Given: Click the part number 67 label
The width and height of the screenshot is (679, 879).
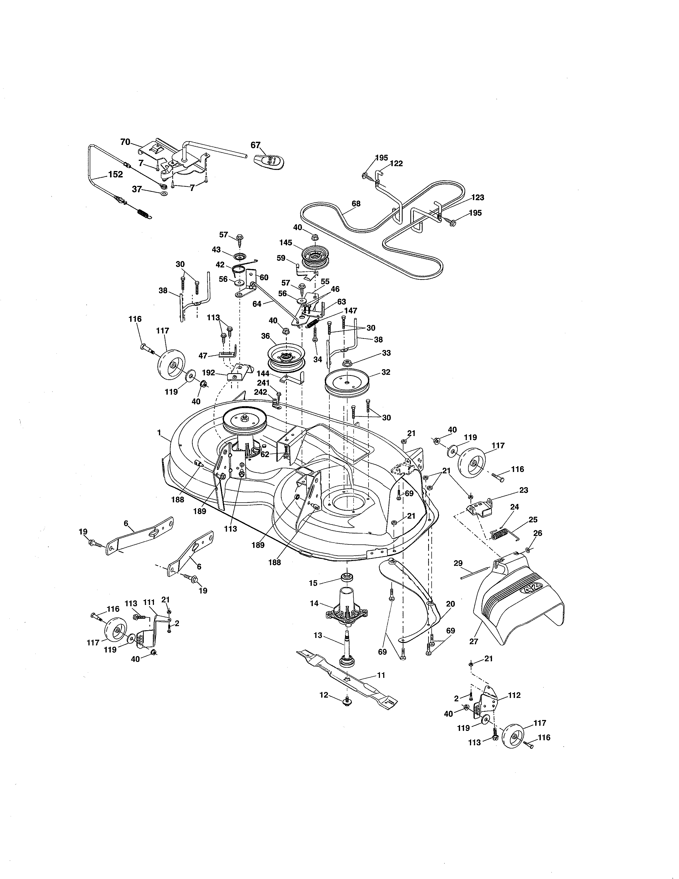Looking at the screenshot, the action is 255,145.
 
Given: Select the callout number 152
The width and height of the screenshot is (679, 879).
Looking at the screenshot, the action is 116,174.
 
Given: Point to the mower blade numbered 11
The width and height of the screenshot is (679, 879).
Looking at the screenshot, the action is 347,682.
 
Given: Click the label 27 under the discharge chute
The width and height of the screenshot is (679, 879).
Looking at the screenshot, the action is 473,641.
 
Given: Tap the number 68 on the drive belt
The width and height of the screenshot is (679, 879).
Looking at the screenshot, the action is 356,204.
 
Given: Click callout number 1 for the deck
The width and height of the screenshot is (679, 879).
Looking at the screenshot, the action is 159,432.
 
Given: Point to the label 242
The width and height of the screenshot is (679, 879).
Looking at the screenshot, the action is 260,392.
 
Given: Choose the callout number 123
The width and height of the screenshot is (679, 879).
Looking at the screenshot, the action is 477,198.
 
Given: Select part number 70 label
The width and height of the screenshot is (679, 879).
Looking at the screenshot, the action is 125,142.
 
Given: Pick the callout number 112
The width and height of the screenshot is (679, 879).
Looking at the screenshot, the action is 514,695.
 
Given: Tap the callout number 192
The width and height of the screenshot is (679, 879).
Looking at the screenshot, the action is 208,373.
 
